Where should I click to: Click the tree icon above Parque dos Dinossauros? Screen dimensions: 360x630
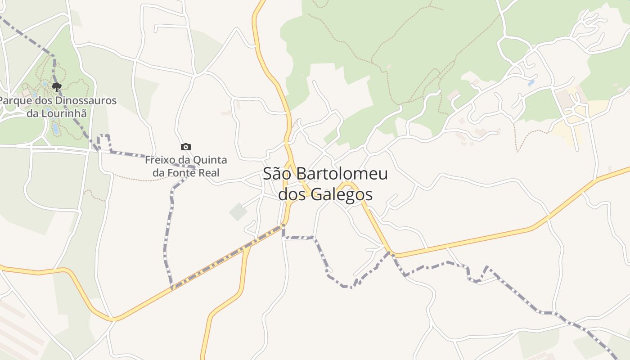click(x=56, y=87)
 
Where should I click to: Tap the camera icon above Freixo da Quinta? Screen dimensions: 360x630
click(x=185, y=147)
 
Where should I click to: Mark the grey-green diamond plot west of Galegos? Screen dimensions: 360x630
click(x=238, y=211)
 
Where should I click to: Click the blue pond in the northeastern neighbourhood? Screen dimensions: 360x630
click(x=531, y=83)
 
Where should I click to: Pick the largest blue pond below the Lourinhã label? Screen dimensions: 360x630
click(x=55, y=129)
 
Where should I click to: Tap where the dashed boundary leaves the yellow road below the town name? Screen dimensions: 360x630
click(x=283, y=225)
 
